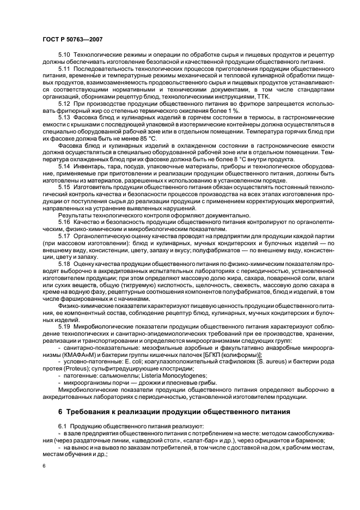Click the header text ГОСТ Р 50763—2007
coord(71,39)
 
